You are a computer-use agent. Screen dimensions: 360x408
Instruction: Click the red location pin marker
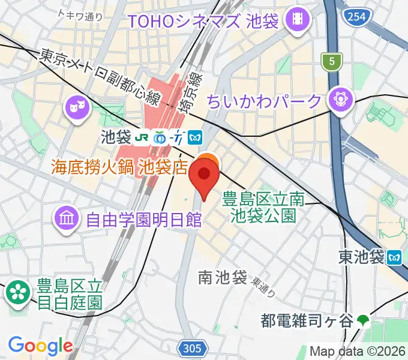(x=203, y=177)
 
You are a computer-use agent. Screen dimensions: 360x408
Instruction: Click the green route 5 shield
(x=329, y=60)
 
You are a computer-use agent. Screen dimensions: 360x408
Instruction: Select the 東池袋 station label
(x=361, y=257)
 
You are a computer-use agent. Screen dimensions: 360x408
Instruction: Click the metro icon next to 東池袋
(x=394, y=257)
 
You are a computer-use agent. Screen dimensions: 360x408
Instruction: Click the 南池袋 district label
(x=223, y=277)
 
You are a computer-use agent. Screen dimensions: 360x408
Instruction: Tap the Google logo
(x=40, y=346)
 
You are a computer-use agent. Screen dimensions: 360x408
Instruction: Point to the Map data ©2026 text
(x=358, y=351)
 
